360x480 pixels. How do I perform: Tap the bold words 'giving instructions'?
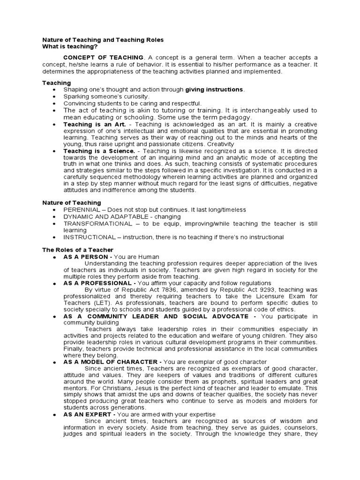pos(214,89)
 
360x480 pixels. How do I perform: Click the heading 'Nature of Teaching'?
pos(72,202)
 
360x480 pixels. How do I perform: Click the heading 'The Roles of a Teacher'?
pos(78,250)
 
